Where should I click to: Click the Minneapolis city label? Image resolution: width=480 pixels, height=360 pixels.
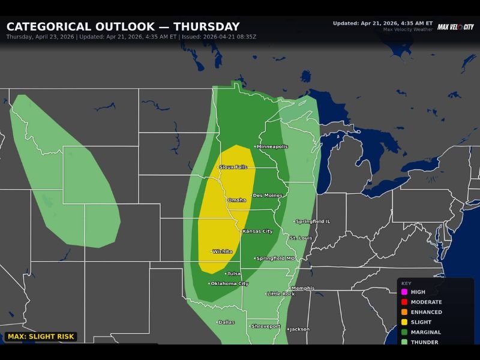tap(272, 146)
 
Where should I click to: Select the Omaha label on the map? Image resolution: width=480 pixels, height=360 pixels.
tap(237, 200)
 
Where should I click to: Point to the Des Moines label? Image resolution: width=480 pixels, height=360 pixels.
tap(267, 195)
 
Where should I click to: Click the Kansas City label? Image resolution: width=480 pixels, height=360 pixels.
tap(257, 231)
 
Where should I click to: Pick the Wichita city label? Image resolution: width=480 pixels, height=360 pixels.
tap(223, 251)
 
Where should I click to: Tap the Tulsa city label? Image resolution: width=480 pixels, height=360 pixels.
tap(233, 273)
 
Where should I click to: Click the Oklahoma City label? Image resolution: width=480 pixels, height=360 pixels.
tap(230, 283)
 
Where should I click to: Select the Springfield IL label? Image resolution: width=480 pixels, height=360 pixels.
tap(313, 221)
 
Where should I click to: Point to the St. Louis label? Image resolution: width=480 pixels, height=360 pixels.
tap(301, 238)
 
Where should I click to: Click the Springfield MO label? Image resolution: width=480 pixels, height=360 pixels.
tap(277, 258)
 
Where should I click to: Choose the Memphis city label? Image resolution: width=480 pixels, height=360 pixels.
tap(302, 288)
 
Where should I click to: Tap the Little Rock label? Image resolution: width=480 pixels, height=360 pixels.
tap(281, 294)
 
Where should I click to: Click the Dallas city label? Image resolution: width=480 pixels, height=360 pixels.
tap(227, 322)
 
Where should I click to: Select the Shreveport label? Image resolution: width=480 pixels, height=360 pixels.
tap(266, 326)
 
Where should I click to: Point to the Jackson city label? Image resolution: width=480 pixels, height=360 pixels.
tap(299, 329)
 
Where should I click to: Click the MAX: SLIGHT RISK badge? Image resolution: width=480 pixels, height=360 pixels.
tap(41, 337)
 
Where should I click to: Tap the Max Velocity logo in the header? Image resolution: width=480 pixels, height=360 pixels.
tap(455, 27)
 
